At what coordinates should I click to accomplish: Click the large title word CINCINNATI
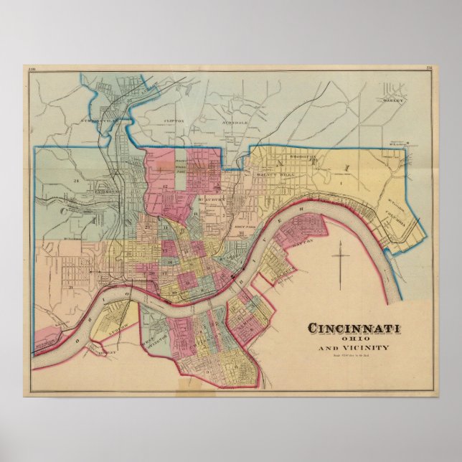[x=354, y=329]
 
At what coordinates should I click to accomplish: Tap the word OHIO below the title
[x=354, y=339]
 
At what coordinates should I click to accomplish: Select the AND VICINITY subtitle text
[x=354, y=349]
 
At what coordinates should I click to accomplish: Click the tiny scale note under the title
[x=354, y=356]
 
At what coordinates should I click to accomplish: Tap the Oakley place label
[x=392, y=101]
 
